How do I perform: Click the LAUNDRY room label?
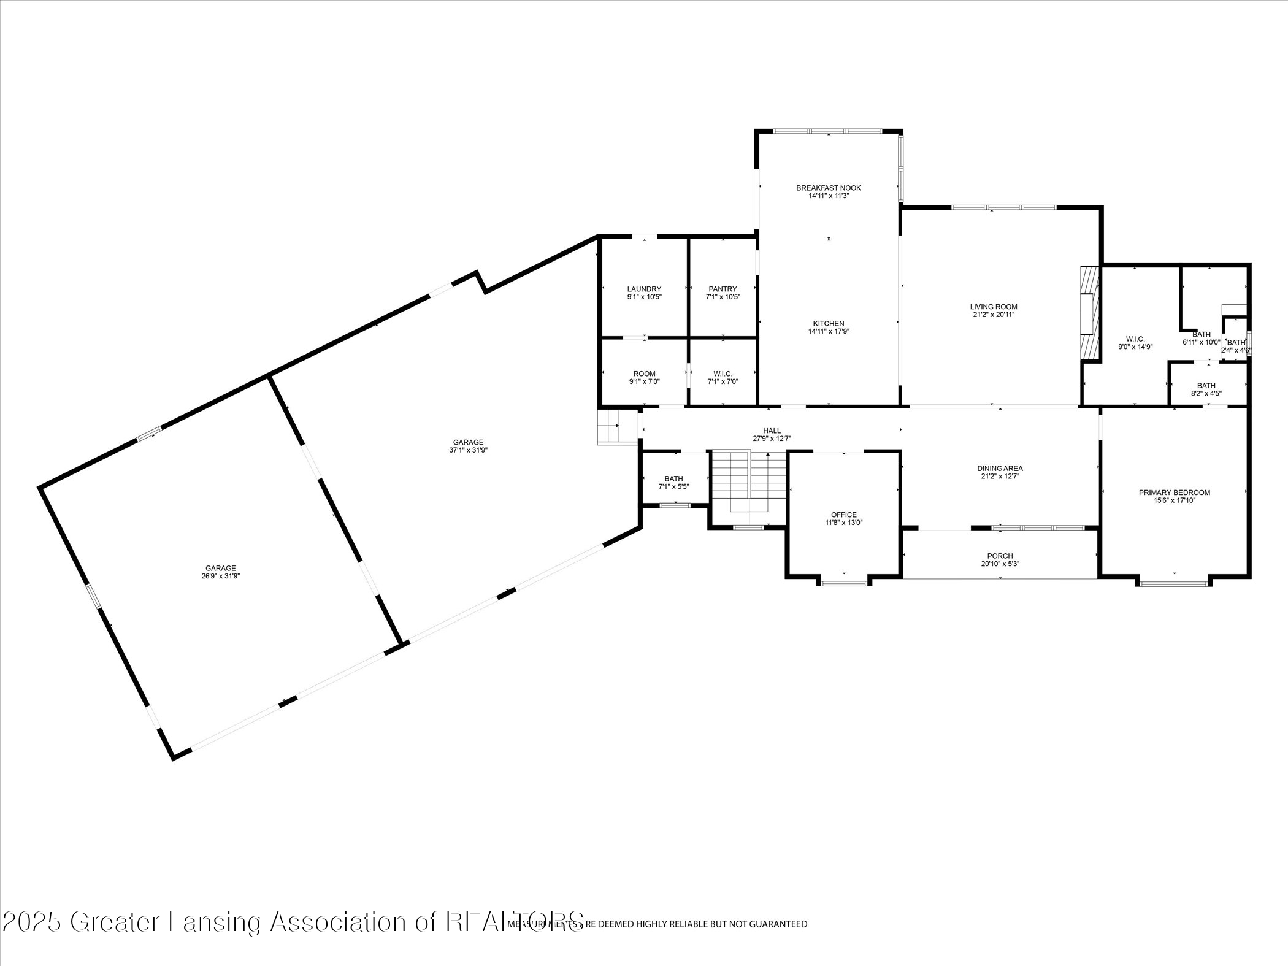[x=644, y=289]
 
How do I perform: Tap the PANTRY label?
[x=723, y=289]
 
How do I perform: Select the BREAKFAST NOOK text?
[x=829, y=188]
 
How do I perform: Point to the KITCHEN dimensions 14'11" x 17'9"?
[x=829, y=331]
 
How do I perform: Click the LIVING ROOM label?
[x=994, y=307]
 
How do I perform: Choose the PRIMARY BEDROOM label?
[x=1174, y=492]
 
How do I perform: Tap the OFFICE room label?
[x=844, y=515]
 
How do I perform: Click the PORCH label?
[x=1000, y=556]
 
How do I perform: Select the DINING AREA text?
[x=1000, y=468]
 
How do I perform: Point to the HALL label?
[x=772, y=431]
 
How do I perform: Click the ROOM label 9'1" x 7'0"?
[x=644, y=374]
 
